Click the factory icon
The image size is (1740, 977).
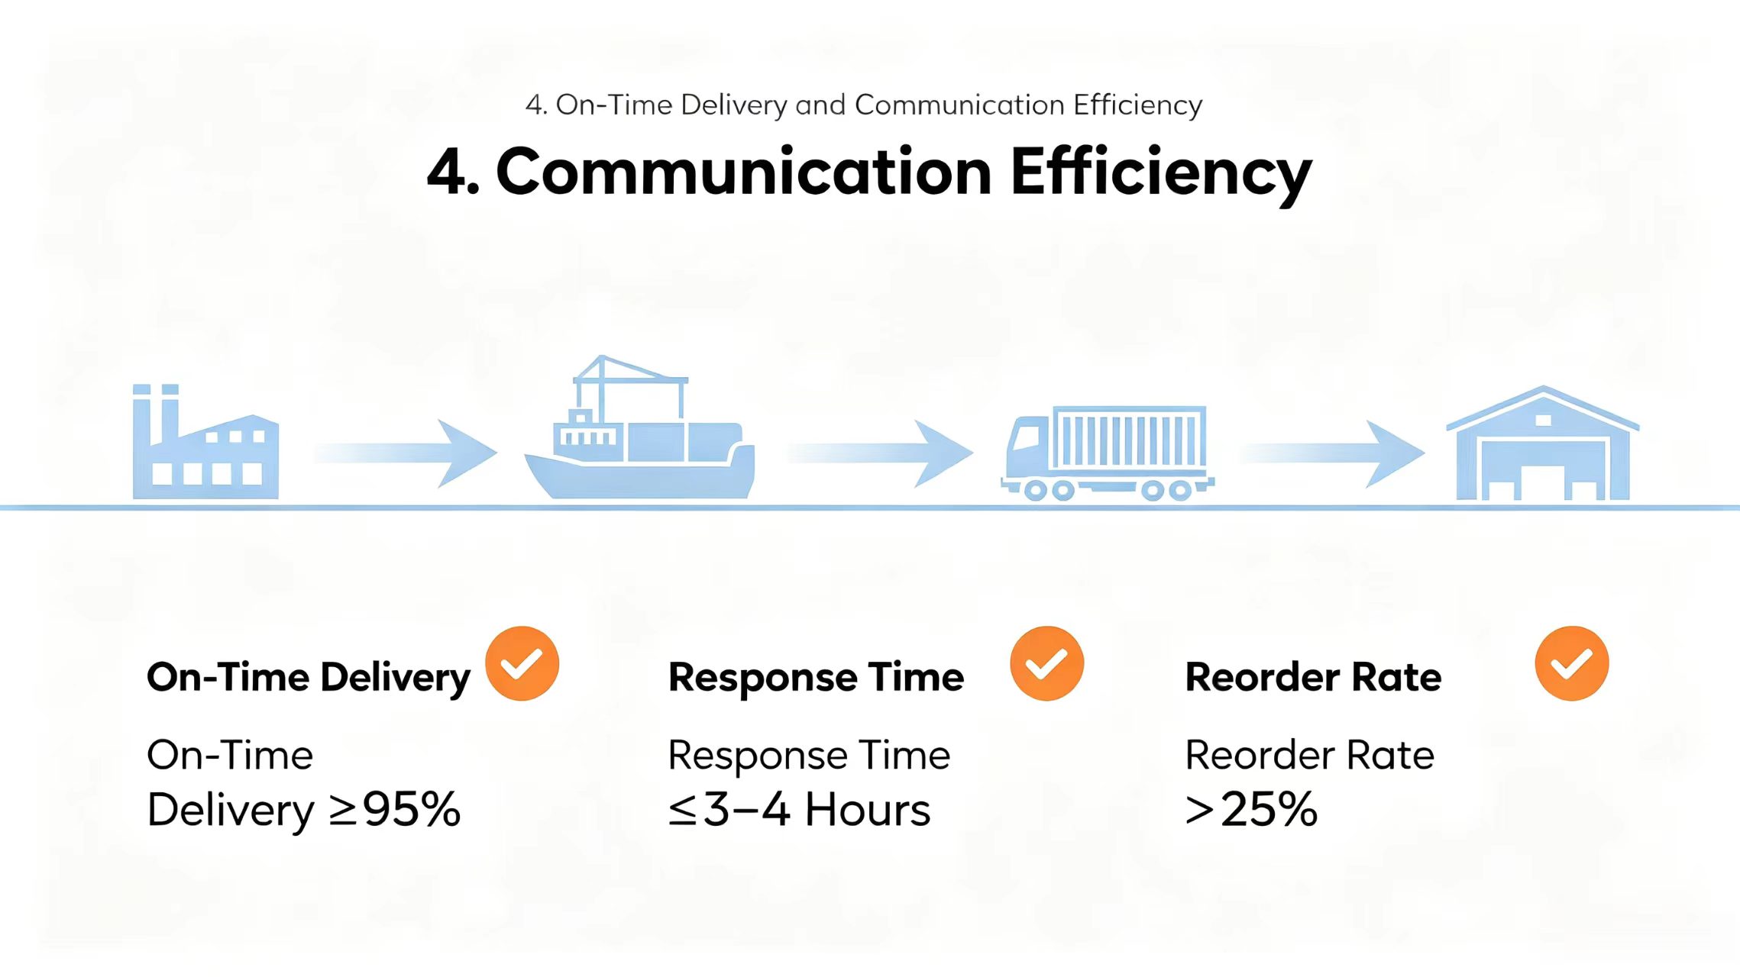[x=205, y=443]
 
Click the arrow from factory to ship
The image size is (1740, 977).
[x=406, y=453]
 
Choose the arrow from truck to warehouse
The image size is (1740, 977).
[x=1332, y=453]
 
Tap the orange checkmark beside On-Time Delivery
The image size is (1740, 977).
[x=522, y=663]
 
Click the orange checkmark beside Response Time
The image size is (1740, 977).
[x=1047, y=663]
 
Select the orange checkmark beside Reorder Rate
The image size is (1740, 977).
[x=1572, y=663]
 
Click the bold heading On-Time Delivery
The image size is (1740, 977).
[x=309, y=678]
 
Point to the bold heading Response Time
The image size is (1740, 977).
[x=816, y=678]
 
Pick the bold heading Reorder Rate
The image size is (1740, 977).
[x=1314, y=677]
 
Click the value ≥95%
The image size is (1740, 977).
[x=395, y=809]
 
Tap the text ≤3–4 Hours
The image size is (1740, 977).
[x=800, y=809]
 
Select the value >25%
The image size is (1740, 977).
[x=1252, y=809]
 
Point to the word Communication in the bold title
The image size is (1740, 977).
[x=744, y=172]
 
